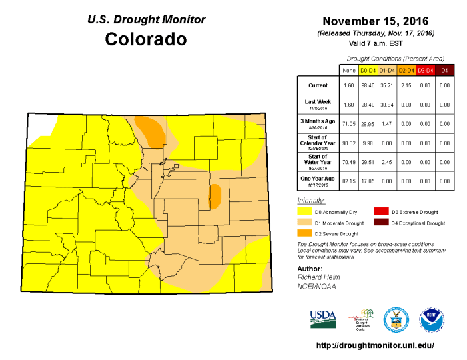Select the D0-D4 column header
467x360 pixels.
pos(367,69)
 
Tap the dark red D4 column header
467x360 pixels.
pos(444,69)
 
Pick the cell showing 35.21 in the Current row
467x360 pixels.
pos(386,86)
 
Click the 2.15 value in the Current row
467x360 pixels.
pos(406,86)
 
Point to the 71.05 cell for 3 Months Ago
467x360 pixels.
pos(348,124)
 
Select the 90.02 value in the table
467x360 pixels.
pos(348,143)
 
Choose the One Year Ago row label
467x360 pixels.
pos(317,180)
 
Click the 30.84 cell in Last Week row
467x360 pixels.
pos(386,105)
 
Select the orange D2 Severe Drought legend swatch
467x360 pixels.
pos(305,233)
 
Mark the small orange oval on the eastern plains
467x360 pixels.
pos(215,196)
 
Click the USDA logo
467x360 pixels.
pos(323,318)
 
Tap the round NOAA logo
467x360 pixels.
pos(432,320)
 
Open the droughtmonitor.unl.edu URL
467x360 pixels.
pos(374,345)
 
